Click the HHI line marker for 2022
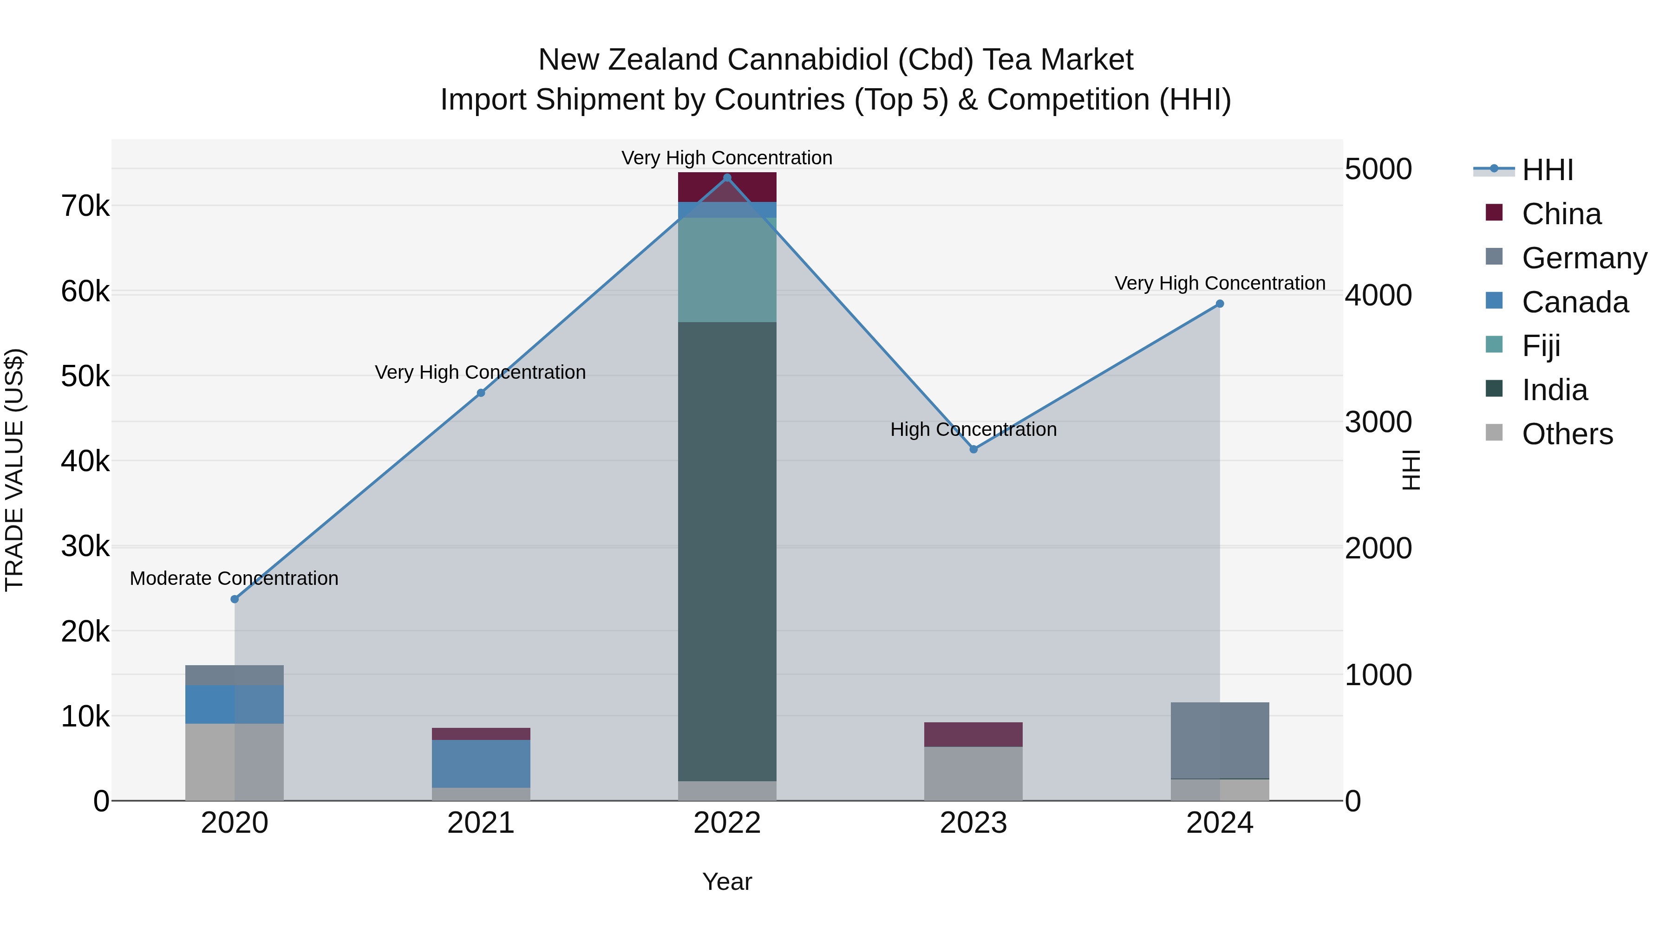click(x=727, y=178)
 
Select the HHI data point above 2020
click(x=235, y=599)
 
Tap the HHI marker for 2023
click(x=973, y=449)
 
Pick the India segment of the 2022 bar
click(x=727, y=551)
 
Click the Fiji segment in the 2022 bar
click(x=727, y=270)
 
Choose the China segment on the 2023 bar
click(x=973, y=734)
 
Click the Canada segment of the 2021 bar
click(x=481, y=764)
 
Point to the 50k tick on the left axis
click(x=85, y=376)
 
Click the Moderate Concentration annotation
click(x=235, y=578)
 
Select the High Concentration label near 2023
click(x=973, y=429)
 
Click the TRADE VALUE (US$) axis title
click(x=14, y=470)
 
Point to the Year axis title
click(x=727, y=882)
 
